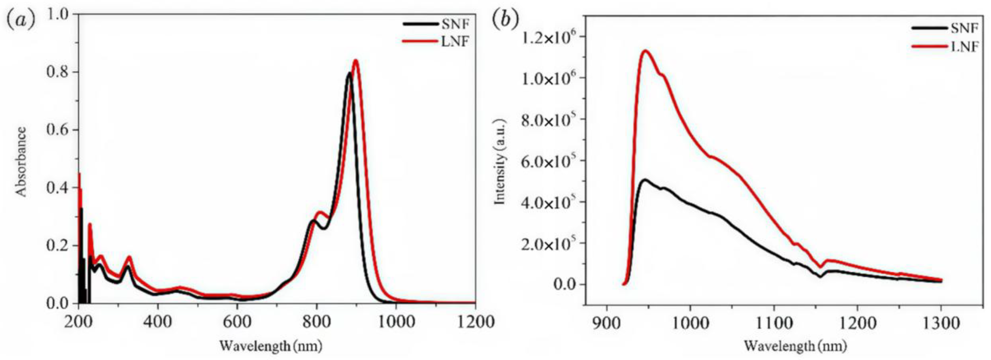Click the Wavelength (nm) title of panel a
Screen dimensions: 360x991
[x=270, y=346]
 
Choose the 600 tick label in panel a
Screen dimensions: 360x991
[x=237, y=321]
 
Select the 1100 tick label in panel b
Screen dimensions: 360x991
[x=774, y=323]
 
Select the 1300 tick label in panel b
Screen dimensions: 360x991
[x=941, y=323]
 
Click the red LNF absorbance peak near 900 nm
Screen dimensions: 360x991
[x=355, y=60]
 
